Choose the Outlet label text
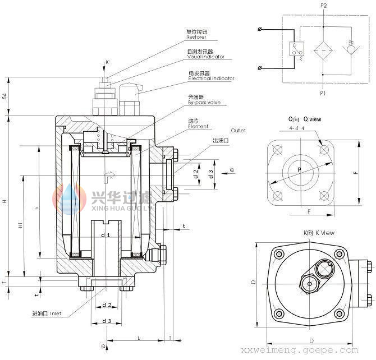tap(238, 130)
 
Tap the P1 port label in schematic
tap(323, 90)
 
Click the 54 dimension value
tap(4, 96)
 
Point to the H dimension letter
tap(5, 201)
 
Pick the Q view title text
tap(305, 119)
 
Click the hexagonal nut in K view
tap(309, 283)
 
